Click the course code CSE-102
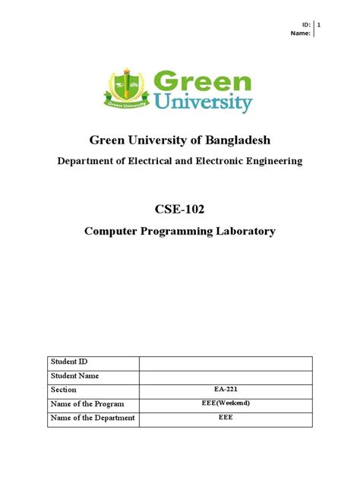pyautogui.click(x=180, y=209)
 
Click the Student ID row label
pyautogui.click(x=69, y=362)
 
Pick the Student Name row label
pyautogui.click(x=74, y=376)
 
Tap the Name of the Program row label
pyautogui.click(x=87, y=404)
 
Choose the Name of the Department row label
pyautogui.click(x=92, y=418)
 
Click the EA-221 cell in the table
pyautogui.click(x=226, y=390)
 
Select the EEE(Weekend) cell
pyautogui.click(x=226, y=403)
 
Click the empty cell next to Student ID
pyautogui.click(x=226, y=362)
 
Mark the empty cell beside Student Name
pyautogui.click(x=226, y=376)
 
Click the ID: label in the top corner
pyautogui.click(x=306, y=25)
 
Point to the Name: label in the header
pyautogui.click(x=301, y=34)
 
